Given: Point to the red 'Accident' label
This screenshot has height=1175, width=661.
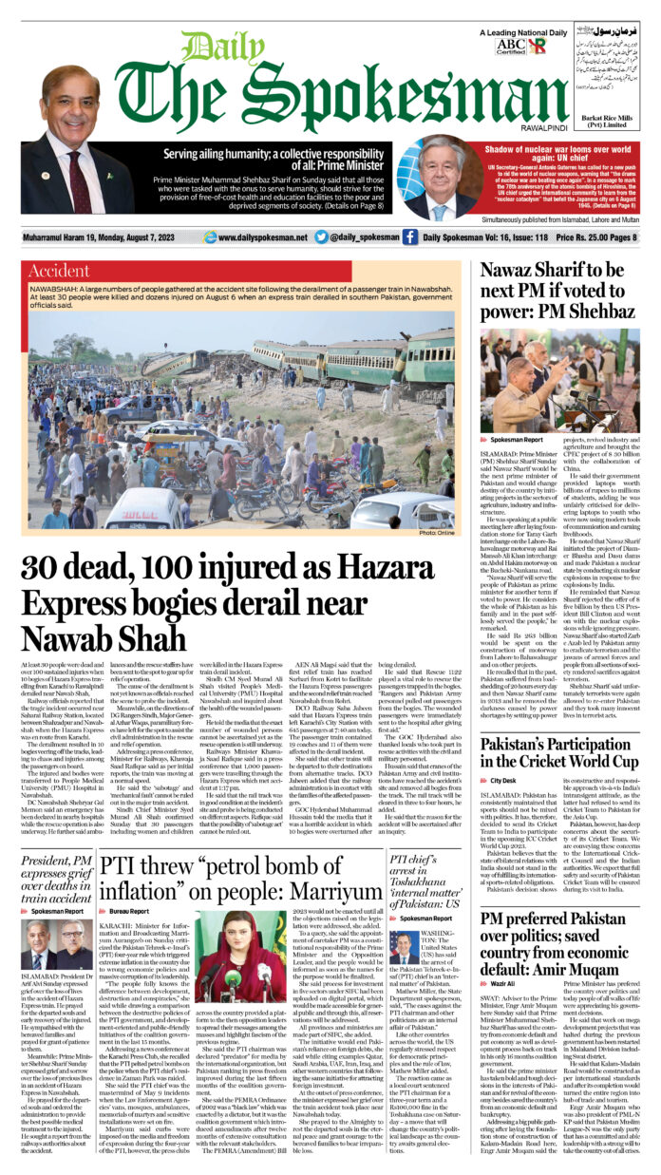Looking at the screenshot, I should point(60,269).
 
